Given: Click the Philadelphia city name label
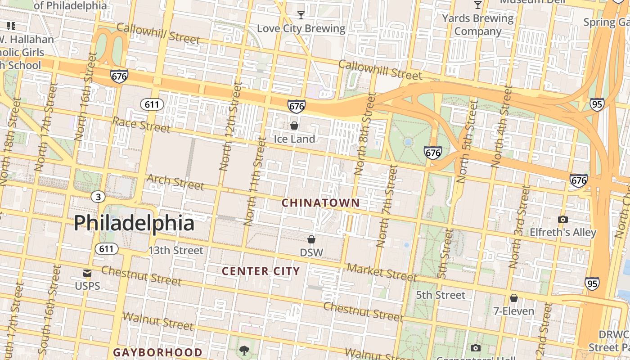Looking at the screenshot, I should (x=134, y=223).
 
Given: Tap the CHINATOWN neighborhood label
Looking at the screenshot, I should (x=320, y=203).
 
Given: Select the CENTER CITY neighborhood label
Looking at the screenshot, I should (x=261, y=271).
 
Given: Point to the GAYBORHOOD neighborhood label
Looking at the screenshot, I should (x=157, y=352).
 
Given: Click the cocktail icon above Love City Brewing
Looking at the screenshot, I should (x=301, y=15).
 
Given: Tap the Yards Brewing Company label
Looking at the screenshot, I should (x=477, y=25).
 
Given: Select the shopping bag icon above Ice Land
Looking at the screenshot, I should (x=294, y=126).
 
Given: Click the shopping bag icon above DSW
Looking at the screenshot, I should (x=311, y=239).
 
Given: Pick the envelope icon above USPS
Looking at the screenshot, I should (x=87, y=273).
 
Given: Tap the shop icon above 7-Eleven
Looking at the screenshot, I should (x=513, y=298).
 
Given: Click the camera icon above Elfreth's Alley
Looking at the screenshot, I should (x=562, y=219).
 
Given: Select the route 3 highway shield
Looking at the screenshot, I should (x=98, y=197).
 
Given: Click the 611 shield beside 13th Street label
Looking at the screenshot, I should (x=107, y=249).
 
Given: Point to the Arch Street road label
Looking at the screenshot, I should (x=175, y=182).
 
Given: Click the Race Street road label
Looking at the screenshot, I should (x=141, y=125).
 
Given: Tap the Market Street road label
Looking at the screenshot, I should (x=382, y=271).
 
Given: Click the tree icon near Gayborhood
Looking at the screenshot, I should (x=244, y=350).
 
